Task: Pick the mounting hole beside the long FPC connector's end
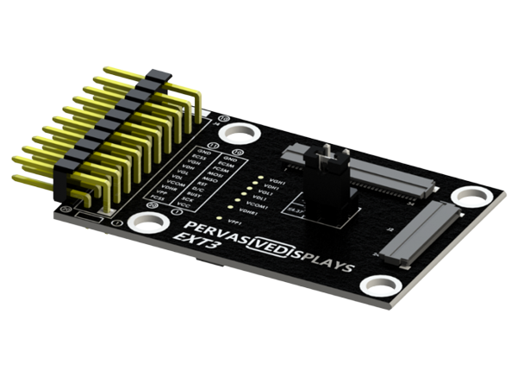466,196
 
